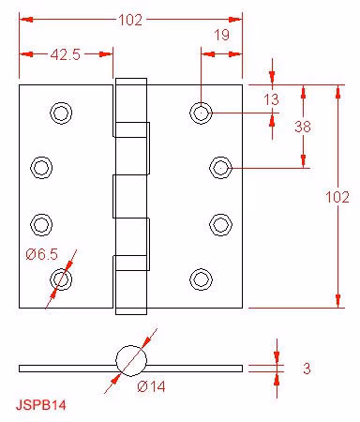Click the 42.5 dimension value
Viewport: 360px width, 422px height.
click(x=66, y=54)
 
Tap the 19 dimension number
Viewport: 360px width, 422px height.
click(x=221, y=35)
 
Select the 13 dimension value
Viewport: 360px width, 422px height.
click(x=271, y=99)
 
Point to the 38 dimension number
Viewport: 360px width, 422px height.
click(x=303, y=127)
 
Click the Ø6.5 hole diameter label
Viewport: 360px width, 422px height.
click(x=42, y=254)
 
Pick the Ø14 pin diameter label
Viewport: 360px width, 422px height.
click(x=151, y=386)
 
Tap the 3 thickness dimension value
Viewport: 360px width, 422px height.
click(x=307, y=369)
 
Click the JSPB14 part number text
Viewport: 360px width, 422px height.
click(x=41, y=405)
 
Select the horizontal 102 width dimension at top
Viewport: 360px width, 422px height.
click(x=130, y=20)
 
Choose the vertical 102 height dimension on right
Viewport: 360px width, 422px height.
click(x=337, y=197)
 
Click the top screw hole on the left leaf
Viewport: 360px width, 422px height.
click(x=61, y=113)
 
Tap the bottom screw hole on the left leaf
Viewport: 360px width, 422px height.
click(x=61, y=279)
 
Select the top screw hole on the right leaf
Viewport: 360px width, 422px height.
click(x=201, y=113)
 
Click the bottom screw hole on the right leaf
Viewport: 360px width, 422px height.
click(x=201, y=279)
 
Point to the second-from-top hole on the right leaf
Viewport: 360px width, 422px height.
click(x=220, y=168)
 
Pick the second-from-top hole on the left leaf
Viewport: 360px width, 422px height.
click(x=41, y=168)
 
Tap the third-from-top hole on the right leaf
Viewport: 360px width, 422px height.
click(x=220, y=224)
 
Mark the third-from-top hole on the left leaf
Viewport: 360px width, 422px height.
click(x=41, y=224)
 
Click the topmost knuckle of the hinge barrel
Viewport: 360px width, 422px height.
click(x=131, y=108)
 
